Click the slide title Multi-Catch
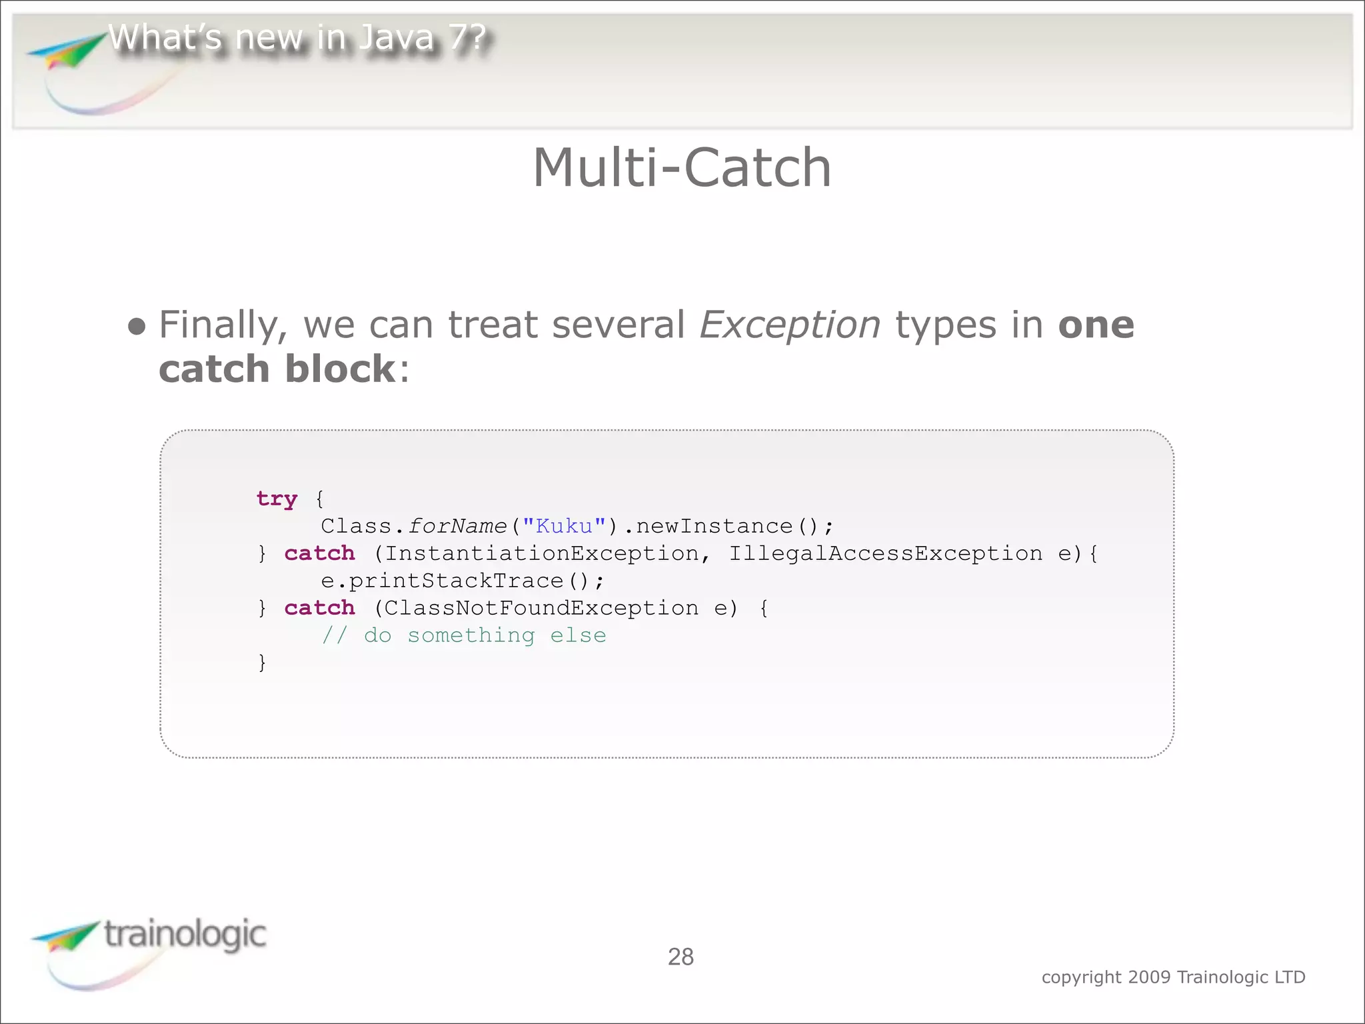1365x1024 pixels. [682, 168]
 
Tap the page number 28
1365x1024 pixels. [681, 957]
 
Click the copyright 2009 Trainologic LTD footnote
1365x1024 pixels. [1173, 977]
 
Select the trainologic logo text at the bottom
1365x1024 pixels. [185, 934]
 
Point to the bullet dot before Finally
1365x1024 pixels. [137, 327]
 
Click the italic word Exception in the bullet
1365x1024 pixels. [790, 326]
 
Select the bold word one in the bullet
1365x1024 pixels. [1096, 325]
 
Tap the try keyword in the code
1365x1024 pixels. [277, 499]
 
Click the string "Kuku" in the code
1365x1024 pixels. [564, 526]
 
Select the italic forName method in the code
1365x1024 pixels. [457, 526]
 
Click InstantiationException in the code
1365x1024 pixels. [541, 553]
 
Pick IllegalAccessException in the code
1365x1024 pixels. [885, 553]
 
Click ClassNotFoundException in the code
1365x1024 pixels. [541, 608]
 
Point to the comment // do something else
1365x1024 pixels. [464, 635]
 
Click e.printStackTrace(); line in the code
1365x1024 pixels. [462, 581]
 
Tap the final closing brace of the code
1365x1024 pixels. [262, 663]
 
